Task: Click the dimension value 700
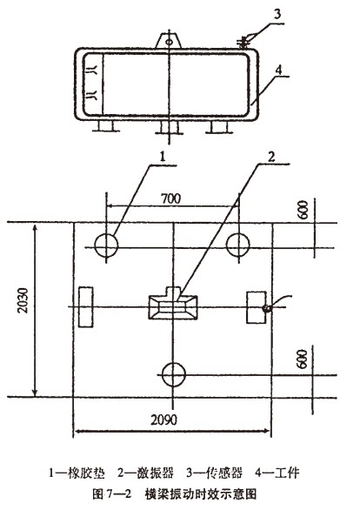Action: tap(170, 198)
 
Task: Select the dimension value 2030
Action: tap(23, 300)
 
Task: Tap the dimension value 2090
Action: tap(164, 420)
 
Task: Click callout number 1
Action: tap(162, 158)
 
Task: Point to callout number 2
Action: tap(271, 157)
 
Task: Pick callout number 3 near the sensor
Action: tap(277, 15)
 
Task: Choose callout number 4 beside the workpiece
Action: tap(278, 70)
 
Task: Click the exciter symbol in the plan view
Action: tap(173, 304)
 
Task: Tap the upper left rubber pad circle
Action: tap(106, 245)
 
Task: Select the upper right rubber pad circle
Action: tap(237, 245)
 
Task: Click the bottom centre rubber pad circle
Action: tap(174, 374)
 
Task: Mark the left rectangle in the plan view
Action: tap(85, 307)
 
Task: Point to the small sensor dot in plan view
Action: tap(266, 309)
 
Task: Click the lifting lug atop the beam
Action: tap(169, 41)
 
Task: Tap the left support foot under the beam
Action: tap(106, 126)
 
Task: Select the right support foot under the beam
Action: tap(219, 127)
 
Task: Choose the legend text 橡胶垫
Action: tap(90, 473)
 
